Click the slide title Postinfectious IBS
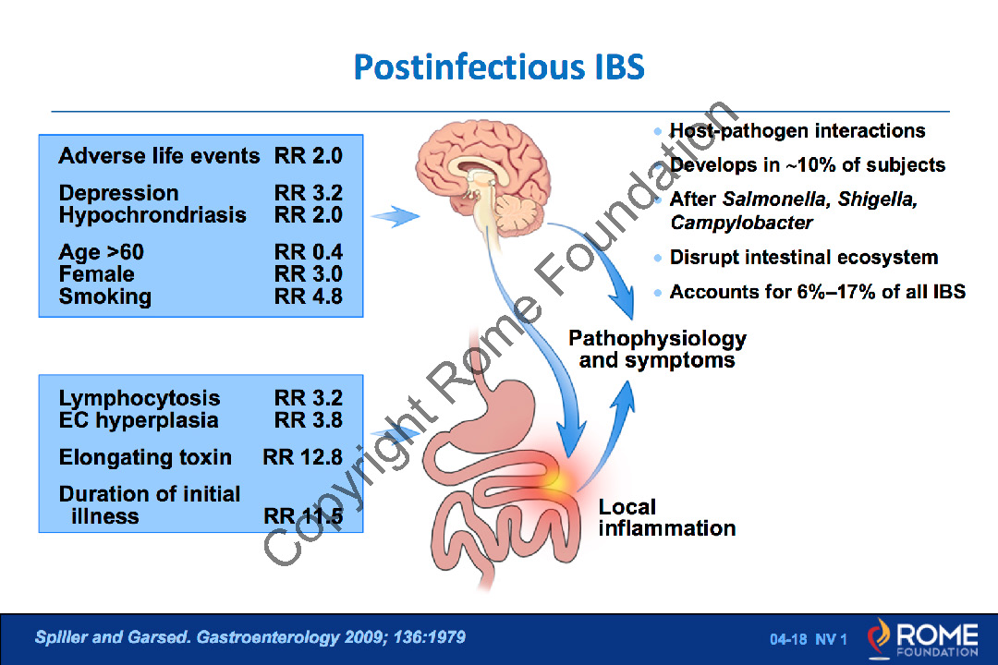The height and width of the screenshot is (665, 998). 499,67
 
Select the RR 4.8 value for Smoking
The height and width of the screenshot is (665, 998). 308,296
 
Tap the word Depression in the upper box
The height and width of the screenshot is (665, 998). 118,193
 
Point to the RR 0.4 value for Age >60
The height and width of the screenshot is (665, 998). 308,252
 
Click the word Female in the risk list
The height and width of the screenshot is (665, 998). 97,274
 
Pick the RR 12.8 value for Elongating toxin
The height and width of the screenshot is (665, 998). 302,457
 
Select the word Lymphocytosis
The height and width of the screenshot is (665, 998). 140,398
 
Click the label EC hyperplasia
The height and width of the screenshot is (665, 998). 138,420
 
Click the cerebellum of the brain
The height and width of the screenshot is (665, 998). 518,214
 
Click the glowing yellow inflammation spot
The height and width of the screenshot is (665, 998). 558,478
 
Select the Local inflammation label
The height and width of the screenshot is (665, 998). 666,517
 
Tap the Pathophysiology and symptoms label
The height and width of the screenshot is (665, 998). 657,349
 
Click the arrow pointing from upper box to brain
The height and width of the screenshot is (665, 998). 396,216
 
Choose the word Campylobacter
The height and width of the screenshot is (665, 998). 741,223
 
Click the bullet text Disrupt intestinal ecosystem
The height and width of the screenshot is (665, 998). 804,257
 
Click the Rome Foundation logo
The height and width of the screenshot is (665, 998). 922,639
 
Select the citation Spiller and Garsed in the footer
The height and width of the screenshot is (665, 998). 112,637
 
